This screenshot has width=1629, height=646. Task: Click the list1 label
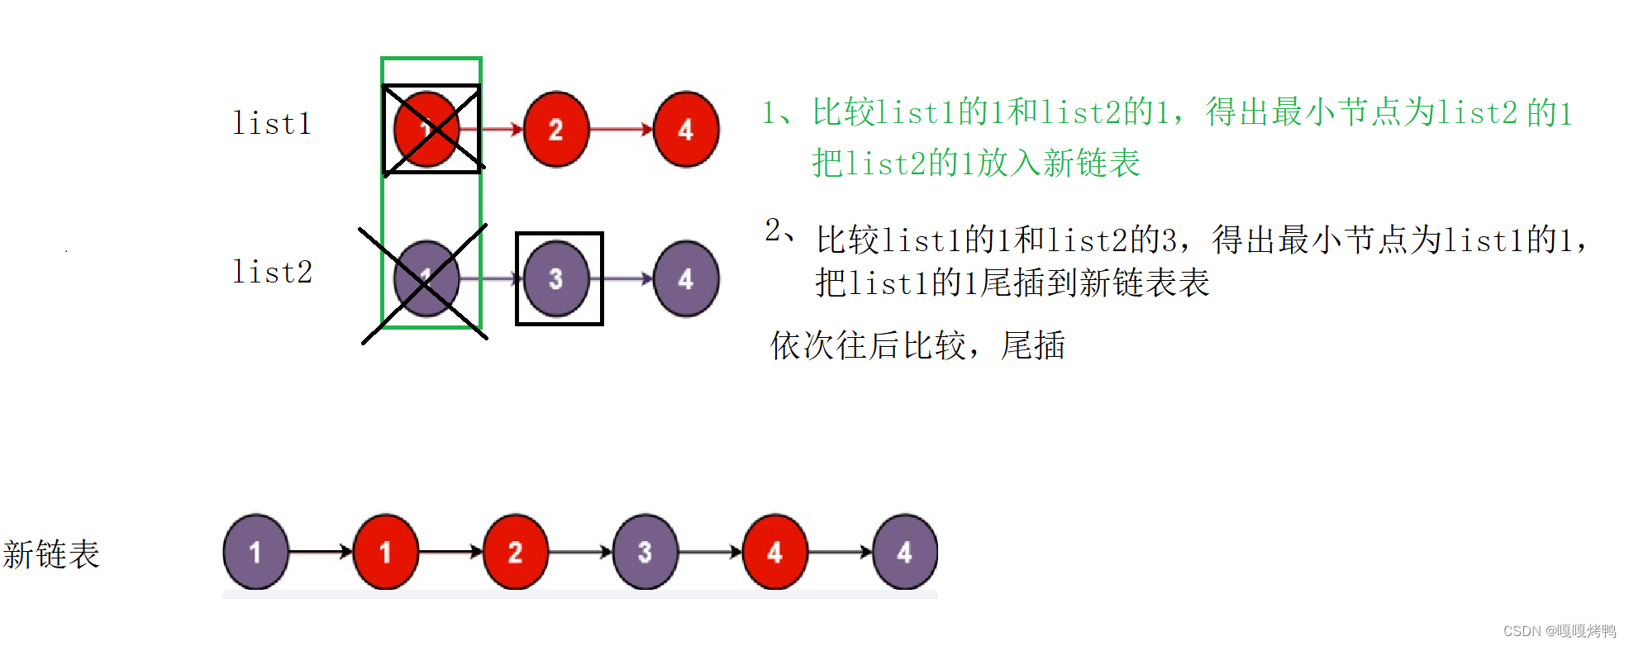point(272,124)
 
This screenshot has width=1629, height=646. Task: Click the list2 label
point(272,272)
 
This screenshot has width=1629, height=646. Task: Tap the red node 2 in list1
point(556,130)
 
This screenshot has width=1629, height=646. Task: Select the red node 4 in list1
point(686,130)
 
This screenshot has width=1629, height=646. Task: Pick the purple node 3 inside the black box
point(557,279)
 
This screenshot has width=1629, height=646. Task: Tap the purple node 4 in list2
point(686,279)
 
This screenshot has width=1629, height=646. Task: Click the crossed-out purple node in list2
point(426,279)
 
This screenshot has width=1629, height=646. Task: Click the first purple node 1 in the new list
point(256,552)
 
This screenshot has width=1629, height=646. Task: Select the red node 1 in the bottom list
point(385,552)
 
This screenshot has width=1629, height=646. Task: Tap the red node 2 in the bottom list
point(515,552)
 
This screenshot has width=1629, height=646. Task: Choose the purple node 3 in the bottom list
point(645,552)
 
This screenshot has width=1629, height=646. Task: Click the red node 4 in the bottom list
point(774,552)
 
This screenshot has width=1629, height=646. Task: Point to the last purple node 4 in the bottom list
point(905,552)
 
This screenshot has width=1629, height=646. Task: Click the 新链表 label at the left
point(51,554)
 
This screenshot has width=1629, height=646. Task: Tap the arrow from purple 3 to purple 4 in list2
point(622,279)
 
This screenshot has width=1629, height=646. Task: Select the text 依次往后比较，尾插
point(917,345)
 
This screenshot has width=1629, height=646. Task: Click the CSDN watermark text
point(1559,631)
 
